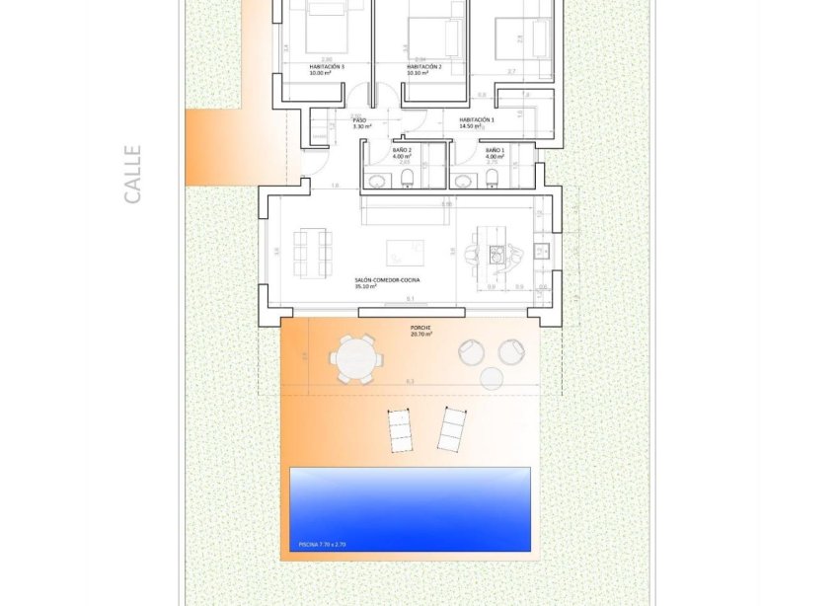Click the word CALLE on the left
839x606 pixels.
tap(133, 175)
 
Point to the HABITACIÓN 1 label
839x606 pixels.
tap(477, 121)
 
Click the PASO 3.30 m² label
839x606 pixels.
tap(361, 123)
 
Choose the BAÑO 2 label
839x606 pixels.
tap(401, 153)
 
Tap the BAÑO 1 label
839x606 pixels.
tap(495, 153)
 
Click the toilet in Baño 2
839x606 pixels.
tap(408, 178)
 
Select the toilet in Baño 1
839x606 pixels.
tap(492, 178)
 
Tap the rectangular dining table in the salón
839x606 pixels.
tap(313, 252)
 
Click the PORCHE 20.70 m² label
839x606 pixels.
tap(421, 331)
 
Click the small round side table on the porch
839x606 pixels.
tap(491, 377)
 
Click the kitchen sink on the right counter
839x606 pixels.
tap(541, 251)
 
